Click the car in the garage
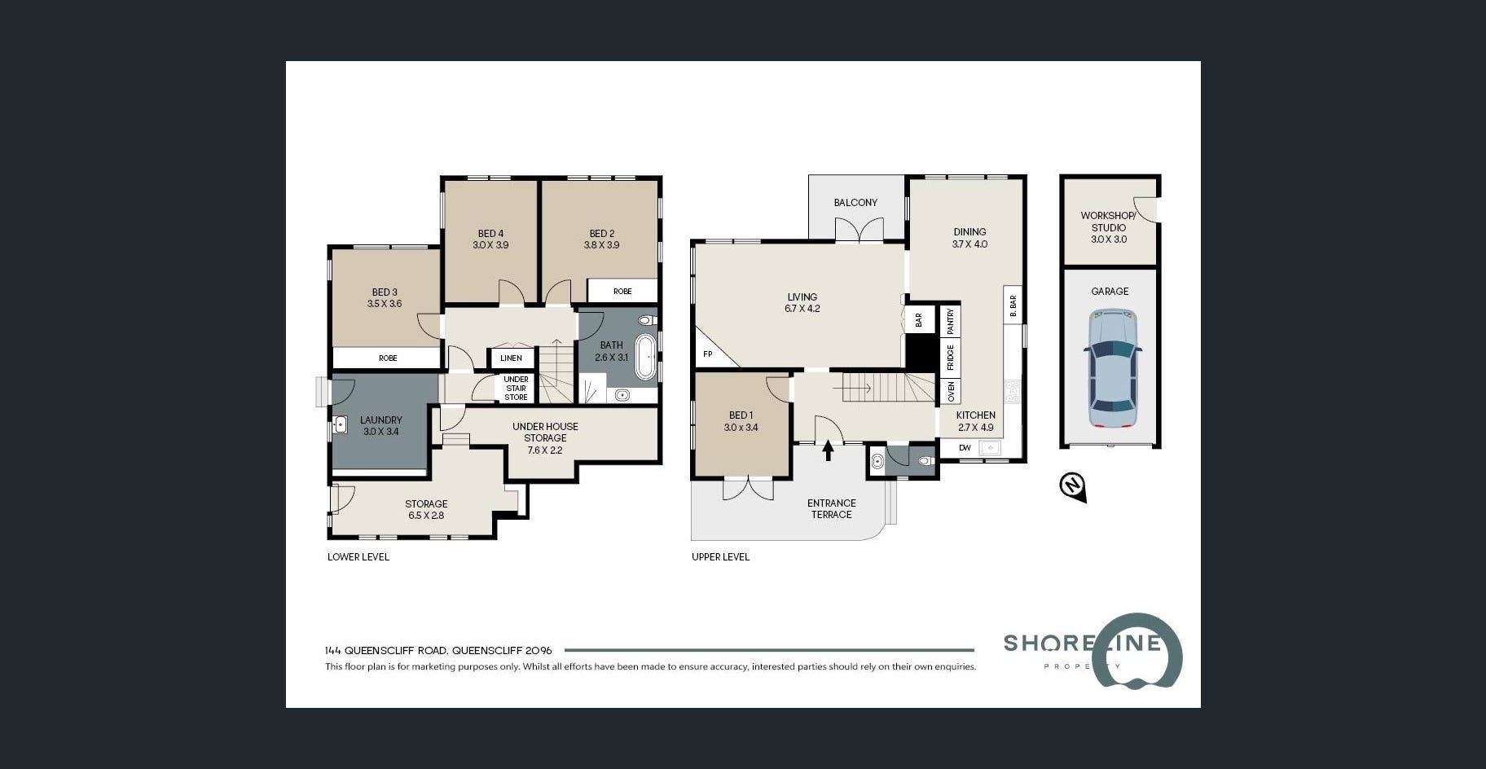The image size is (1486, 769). pos(1113,368)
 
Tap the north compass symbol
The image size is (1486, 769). pos(1073,487)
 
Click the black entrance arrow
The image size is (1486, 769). pos(829,450)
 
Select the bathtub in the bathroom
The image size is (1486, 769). pos(644,357)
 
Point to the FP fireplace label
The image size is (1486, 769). pos(707,354)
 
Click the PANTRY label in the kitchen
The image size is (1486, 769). pos(950,321)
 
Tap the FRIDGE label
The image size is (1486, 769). pos(950,358)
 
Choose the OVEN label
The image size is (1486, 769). pos(950,392)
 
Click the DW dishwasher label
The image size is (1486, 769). pos(965,448)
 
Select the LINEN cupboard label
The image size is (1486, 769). pos(511,358)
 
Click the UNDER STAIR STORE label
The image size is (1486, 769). pos(516,389)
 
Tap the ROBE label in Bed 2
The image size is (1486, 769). pos(622,292)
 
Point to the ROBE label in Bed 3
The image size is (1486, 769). pos(388,358)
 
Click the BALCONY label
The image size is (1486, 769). pos(855,203)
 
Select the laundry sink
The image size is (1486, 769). pos(341,424)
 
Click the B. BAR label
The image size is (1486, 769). pos(1013,305)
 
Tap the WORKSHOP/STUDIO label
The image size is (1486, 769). pos(1108,222)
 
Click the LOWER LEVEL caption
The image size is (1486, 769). pos(358,557)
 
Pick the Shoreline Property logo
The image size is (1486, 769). pos(1093,651)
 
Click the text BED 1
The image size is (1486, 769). pos(741,415)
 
